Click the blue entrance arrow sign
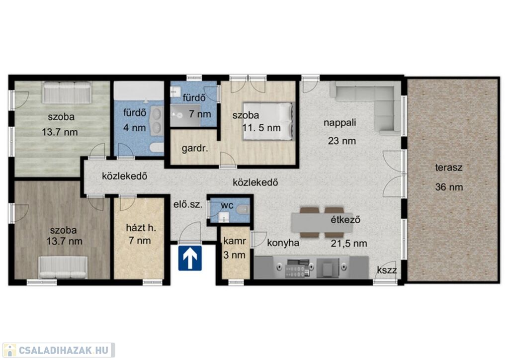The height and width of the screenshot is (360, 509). pos(190,258)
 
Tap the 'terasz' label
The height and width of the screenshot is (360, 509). pos(449,168)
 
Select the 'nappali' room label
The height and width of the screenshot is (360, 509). pos(339,123)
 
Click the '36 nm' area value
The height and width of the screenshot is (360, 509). pos(449,187)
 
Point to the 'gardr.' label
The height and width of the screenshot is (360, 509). pos(195,149)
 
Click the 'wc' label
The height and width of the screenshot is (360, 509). pos(227,205)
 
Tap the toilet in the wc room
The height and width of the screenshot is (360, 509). pos(242,209)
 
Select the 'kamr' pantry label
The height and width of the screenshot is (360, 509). pos(235,241)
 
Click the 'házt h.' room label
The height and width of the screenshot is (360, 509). pos(141,228)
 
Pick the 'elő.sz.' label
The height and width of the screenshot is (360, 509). pos(188,205)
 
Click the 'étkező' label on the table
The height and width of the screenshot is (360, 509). pos(345,220)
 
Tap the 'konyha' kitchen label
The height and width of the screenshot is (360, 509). pos(283,243)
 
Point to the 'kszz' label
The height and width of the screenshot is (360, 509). pos(387,270)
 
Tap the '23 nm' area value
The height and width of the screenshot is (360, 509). pos(342,141)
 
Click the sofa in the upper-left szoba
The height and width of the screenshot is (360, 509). pos(67,92)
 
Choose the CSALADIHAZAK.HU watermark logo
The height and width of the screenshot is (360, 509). pos(59,351)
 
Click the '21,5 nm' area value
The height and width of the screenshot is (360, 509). pos(349,244)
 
